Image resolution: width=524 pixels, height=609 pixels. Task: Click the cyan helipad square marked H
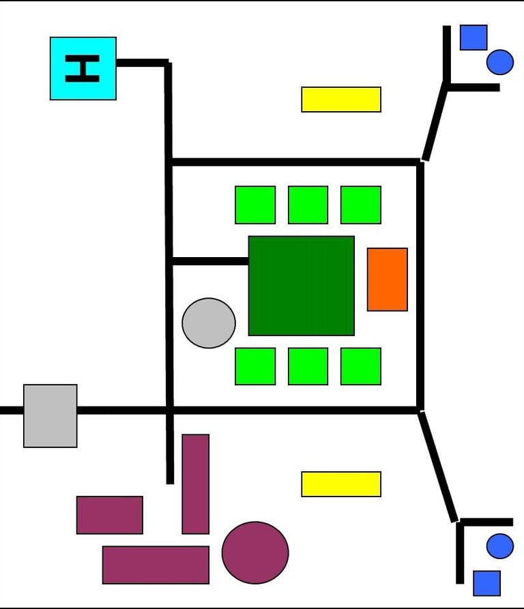pos(83,68)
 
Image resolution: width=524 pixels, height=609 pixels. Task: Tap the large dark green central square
pos(301,286)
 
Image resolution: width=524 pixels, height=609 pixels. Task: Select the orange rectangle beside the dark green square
pos(387,279)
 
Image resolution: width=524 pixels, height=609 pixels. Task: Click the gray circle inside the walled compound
pos(209,323)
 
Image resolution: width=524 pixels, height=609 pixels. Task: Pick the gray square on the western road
pos(50,415)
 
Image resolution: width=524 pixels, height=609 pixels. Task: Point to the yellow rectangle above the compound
pos(340,99)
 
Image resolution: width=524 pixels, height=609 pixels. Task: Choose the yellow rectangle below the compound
pos(340,484)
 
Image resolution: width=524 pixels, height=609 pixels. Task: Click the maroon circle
pos(255,552)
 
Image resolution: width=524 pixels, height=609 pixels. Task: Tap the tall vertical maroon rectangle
pos(195,484)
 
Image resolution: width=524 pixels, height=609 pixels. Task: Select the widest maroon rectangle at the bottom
pos(156,565)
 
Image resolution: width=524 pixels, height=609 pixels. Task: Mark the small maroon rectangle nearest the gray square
pos(109,515)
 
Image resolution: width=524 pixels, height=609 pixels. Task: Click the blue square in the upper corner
pos(473,38)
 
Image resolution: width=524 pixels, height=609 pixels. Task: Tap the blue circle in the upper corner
pos(499,62)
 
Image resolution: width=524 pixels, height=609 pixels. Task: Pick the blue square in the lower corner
pos(486,583)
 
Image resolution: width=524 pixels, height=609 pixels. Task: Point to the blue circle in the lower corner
pos(499,546)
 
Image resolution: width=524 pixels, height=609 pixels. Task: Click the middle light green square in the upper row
pos(308,205)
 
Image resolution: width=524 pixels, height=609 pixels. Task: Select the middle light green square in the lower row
pos(308,366)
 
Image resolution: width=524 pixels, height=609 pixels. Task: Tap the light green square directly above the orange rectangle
pos(360,205)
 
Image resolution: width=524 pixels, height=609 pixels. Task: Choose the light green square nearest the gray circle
pos(255,366)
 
